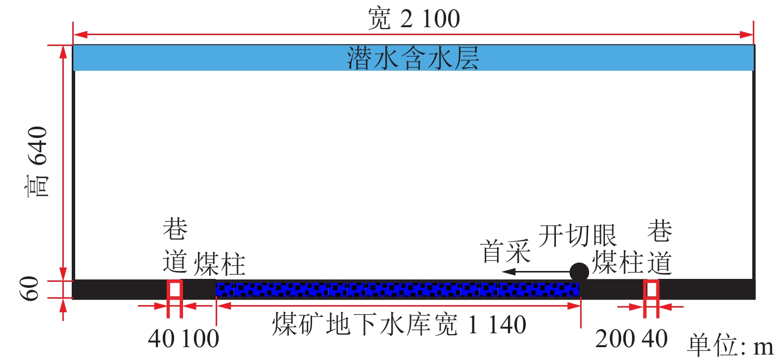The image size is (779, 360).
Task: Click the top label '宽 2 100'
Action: tap(413, 19)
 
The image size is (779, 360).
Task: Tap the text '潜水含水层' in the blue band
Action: tap(413, 58)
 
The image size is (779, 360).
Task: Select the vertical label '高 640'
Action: tap(38, 162)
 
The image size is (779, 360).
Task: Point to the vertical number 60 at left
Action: tap(30, 289)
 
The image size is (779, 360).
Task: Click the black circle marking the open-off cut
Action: tap(579, 272)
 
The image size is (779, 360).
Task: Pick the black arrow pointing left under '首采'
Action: tap(534, 271)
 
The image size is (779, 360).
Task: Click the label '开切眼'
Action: tap(577, 235)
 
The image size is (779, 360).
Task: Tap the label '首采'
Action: tap(505, 251)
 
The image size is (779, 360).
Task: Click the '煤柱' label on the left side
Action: tap(219, 264)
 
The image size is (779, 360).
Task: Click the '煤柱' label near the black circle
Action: tap(618, 262)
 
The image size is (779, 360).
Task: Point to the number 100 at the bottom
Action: tap(200, 339)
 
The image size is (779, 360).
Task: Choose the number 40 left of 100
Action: tap(161, 339)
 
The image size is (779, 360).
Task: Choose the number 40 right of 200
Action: tap(655, 339)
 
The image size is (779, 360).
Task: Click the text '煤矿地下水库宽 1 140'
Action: tap(399, 325)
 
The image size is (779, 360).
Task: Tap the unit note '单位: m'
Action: tap(730, 345)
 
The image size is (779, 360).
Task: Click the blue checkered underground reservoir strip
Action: tap(397, 289)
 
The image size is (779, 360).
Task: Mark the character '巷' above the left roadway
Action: tap(175, 229)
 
